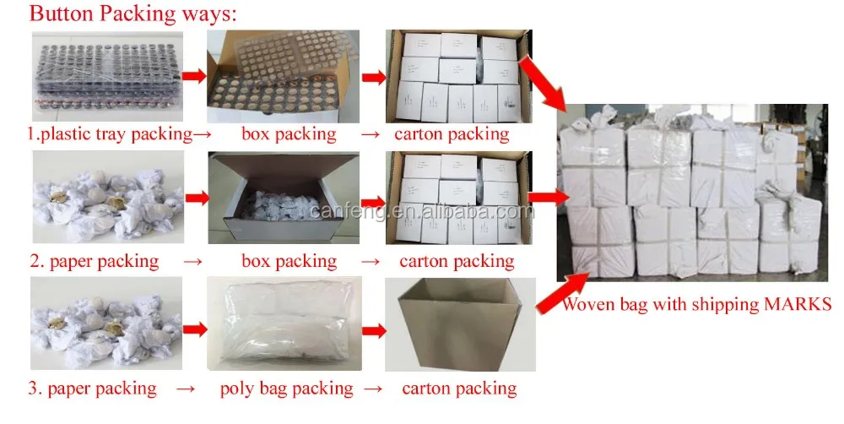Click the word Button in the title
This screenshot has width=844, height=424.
pos(62,14)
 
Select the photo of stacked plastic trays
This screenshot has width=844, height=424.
pos(106,77)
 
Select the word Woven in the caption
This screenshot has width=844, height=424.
pos(590,304)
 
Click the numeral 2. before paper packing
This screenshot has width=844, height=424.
pos(36,261)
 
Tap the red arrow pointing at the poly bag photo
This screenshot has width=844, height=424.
pos(196,327)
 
